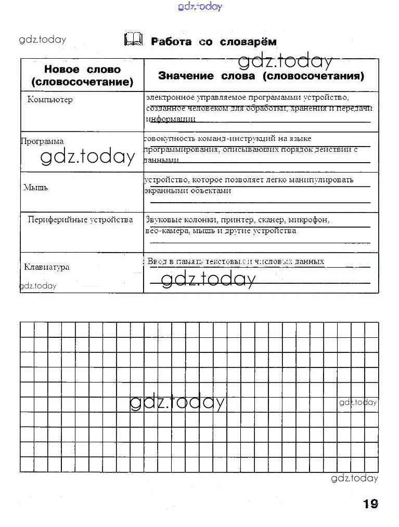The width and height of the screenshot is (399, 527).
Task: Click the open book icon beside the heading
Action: [133, 39]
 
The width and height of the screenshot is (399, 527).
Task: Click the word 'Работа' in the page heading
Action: [171, 42]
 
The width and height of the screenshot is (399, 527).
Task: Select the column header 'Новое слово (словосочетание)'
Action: [82, 75]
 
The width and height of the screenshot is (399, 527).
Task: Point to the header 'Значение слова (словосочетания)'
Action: [261, 76]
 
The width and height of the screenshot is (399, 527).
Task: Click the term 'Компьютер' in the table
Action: [50, 99]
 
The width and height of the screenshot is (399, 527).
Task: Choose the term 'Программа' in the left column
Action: [42, 141]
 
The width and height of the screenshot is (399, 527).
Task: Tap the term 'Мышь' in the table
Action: [35, 187]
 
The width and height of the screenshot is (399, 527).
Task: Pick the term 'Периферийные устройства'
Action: [80, 220]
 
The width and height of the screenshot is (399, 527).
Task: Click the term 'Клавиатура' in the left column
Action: [46, 267]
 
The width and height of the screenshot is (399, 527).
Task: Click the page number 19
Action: [370, 503]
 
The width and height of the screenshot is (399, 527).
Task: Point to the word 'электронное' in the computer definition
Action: [165, 97]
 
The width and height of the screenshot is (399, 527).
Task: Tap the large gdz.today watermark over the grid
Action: [177, 402]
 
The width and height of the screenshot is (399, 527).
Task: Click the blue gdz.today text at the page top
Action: [200, 6]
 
